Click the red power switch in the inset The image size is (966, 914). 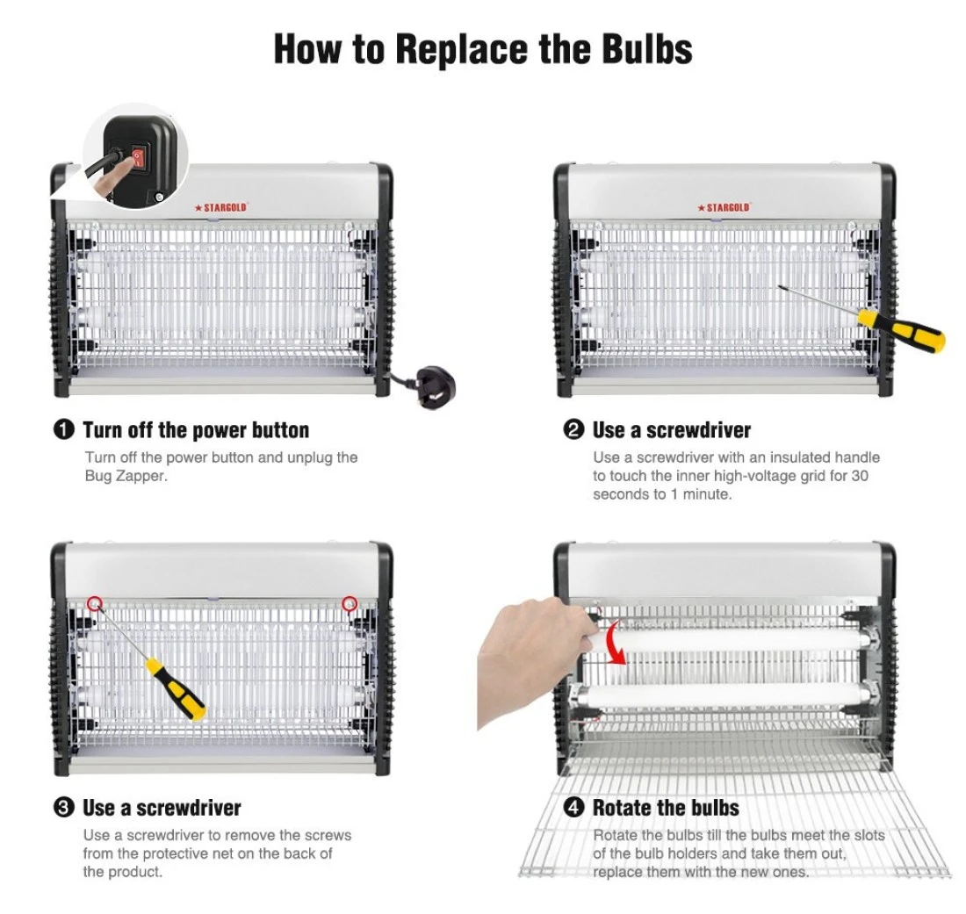pyautogui.click(x=141, y=155)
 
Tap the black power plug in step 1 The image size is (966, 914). pyautogui.click(x=436, y=387)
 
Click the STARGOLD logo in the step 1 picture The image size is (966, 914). pyautogui.click(x=220, y=207)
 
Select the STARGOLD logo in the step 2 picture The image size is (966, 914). pyautogui.click(x=724, y=207)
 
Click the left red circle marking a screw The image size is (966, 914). pyautogui.click(x=94, y=603)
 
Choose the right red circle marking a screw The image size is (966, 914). pyautogui.click(x=350, y=603)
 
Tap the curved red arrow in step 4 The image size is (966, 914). pyautogui.click(x=616, y=644)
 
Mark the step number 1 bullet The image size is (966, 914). pyautogui.click(x=64, y=429)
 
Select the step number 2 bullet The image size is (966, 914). pyautogui.click(x=573, y=429)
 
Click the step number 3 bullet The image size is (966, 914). pyautogui.click(x=64, y=808)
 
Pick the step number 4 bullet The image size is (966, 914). pyautogui.click(x=573, y=808)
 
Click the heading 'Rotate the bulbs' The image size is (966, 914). pyautogui.click(x=666, y=808)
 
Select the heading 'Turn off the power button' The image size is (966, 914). pyautogui.click(x=196, y=430)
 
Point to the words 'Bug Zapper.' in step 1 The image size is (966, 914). pyautogui.click(x=126, y=476)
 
